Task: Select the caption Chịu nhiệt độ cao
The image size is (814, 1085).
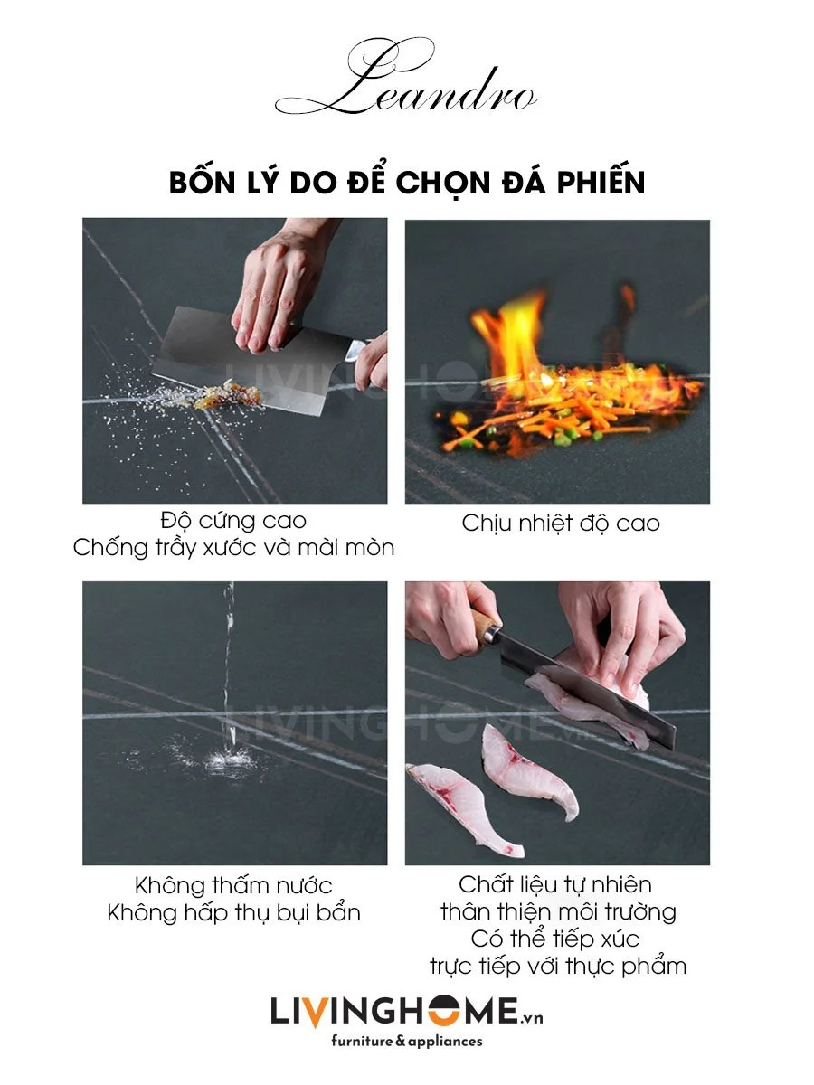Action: point(561,524)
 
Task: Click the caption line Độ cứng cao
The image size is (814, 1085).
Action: point(233,521)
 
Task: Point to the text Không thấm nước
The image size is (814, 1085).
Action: point(233,885)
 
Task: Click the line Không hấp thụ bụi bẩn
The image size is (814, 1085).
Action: point(233,913)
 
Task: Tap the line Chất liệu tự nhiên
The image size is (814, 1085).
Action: point(555,885)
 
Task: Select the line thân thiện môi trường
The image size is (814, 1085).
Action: point(558,912)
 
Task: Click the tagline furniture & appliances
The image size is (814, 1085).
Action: point(407,1041)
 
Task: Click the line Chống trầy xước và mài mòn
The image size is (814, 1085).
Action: point(233,548)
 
